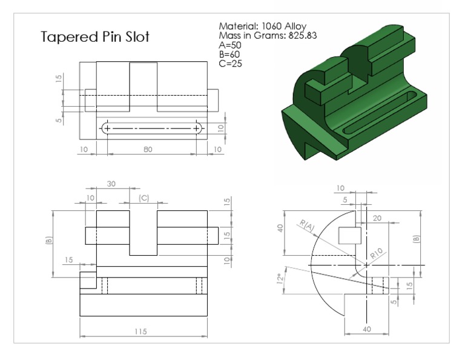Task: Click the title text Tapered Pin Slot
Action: pyautogui.click(x=95, y=37)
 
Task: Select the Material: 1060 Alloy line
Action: pyautogui.click(x=262, y=26)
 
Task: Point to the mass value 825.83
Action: pyautogui.click(x=303, y=36)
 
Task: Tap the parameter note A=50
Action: pyautogui.click(x=230, y=45)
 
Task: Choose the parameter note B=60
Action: pyautogui.click(x=230, y=54)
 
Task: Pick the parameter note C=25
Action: pyautogui.click(x=230, y=63)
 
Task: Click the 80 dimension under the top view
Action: pyautogui.click(x=148, y=148)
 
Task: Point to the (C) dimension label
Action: pyautogui.click(x=143, y=198)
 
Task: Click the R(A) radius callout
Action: pyautogui.click(x=307, y=226)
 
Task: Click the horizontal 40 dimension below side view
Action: pyautogui.click(x=367, y=328)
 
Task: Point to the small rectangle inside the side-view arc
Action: pyautogui.click(x=350, y=235)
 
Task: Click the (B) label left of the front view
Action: pyautogui.click(x=49, y=240)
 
